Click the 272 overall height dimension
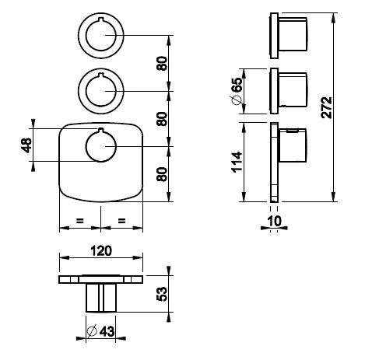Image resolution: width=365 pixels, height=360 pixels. click(x=326, y=107)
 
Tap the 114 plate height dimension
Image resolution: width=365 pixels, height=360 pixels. click(x=237, y=163)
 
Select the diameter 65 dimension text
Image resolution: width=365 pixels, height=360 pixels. click(x=237, y=91)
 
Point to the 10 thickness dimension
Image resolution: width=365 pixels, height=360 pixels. click(x=274, y=221)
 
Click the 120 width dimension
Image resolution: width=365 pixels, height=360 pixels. click(x=101, y=250)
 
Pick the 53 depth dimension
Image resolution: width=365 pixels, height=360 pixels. click(x=162, y=294)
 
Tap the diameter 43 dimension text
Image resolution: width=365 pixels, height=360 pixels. click(x=101, y=331)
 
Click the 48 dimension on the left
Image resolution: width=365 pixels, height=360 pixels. click(x=26, y=145)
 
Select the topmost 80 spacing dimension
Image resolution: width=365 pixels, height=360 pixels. click(x=162, y=63)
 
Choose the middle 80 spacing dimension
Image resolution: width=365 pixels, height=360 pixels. click(x=162, y=119)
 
